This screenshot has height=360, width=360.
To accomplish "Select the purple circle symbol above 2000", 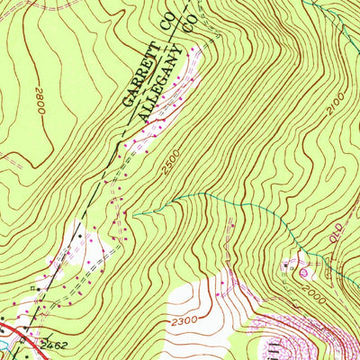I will (x=302, y=269).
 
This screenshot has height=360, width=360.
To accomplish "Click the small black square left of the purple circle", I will (x=288, y=266).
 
